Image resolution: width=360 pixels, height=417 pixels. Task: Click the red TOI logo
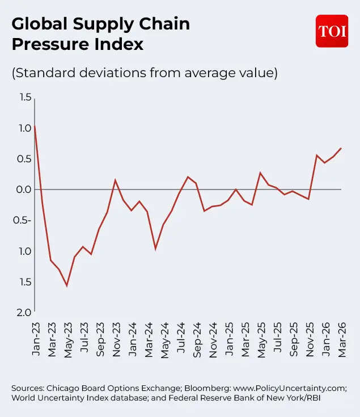(x=332, y=31)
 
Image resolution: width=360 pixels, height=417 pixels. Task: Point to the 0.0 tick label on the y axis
(x=24, y=189)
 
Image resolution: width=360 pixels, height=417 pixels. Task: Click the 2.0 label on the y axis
(x=24, y=313)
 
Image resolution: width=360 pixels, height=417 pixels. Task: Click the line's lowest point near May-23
(x=67, y=285)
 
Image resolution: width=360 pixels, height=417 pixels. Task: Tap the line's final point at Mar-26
(x=341, y=148)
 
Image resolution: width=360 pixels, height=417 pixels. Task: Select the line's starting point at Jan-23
(x=35, y=126)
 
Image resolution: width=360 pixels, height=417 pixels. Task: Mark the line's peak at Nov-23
(x=115, y=180)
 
